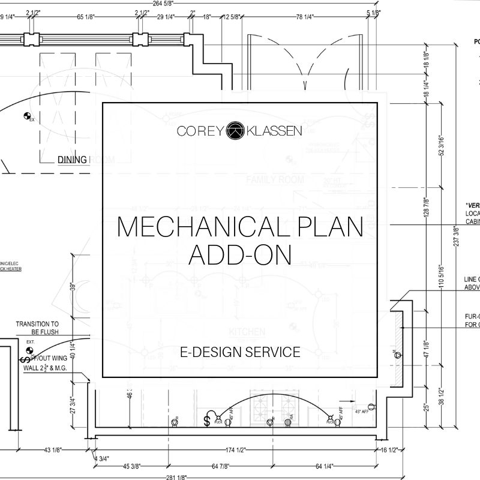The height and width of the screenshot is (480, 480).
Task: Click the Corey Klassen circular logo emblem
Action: [239, 130]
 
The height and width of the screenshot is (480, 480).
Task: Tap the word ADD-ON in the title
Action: [239, 254]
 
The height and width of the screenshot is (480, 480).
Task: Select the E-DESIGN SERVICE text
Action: [240, 352]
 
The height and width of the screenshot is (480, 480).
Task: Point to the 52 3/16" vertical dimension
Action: [443, 146]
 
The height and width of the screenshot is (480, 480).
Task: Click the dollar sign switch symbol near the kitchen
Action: [207, 421]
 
